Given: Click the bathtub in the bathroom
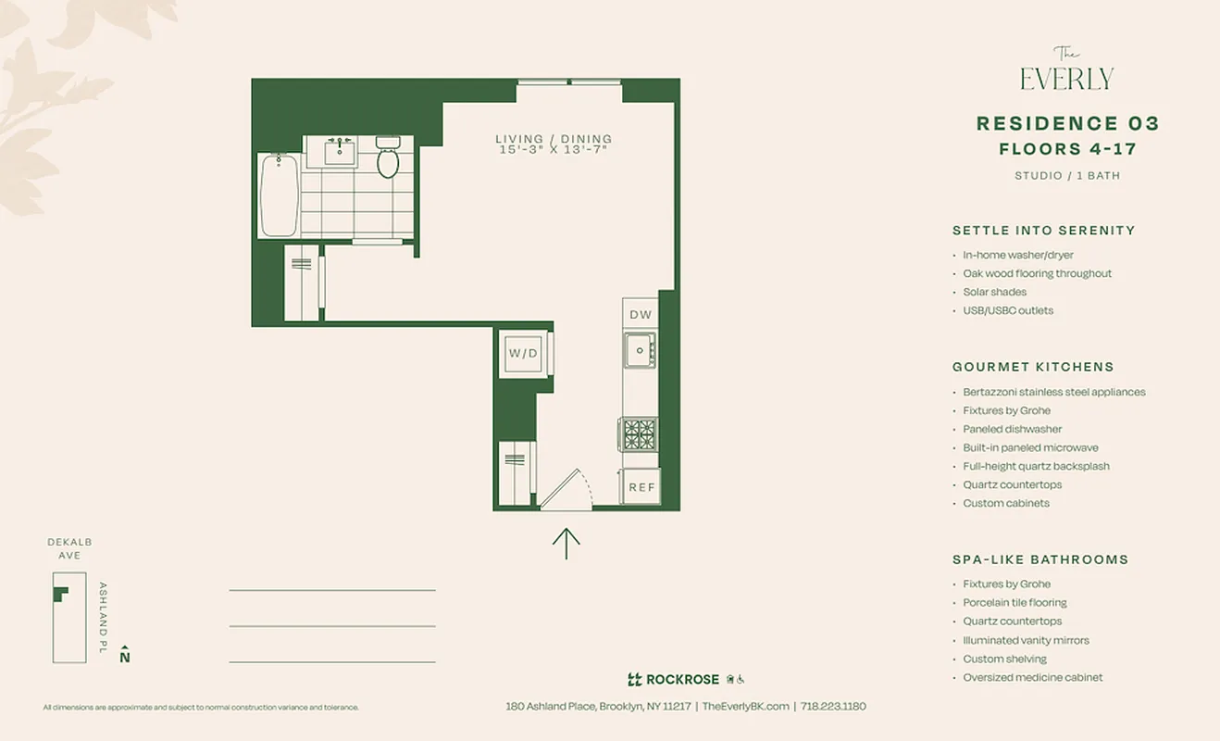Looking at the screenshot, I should [x=279, y=195].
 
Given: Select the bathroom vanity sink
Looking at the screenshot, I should [x=342, y=151].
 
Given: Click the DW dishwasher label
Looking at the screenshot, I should [x=641, y=315].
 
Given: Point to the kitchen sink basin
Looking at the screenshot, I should [x=639, y=350].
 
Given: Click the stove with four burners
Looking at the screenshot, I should [x=639, y=433].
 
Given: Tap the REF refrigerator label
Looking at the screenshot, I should [x=641, y=487].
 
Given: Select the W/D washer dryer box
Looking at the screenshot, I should [x=523, y=353].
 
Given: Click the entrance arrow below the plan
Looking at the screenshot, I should [x=566, y=544].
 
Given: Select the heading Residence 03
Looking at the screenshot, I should [x=1067, y=124].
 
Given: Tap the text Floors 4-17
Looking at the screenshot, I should [x=1067, y=149].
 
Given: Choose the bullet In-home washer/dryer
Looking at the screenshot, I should [x=1018, y=255].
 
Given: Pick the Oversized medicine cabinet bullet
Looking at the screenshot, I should [x=1032, y=677].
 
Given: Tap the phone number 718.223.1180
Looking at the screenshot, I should [x=833, y=706].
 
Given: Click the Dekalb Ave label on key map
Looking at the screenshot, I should [x=69, y=548].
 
